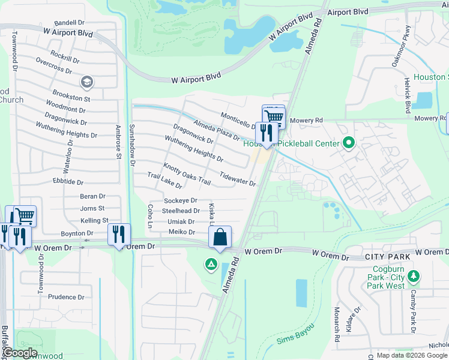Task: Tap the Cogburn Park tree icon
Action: [x=413, y=277]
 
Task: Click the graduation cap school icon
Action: [x=87, y=81]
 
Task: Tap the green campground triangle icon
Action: [x=211, y=263]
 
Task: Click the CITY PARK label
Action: [x=384, y=256]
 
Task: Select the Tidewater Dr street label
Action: [x=238, y=179]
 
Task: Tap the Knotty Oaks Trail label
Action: [x=187, y=173]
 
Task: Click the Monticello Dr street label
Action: [x=239, y=120]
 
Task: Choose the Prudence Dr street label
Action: [x=66, y=297]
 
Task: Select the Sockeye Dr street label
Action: [x=181, y=200]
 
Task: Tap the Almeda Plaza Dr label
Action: [x=216, y=130]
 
